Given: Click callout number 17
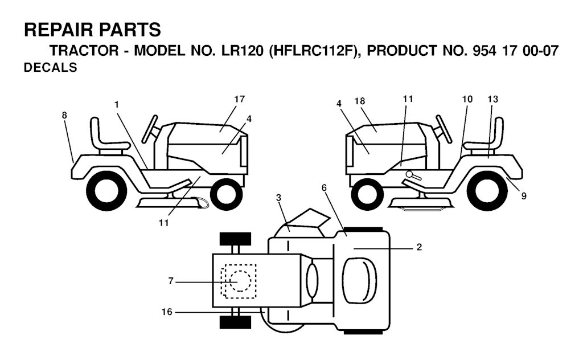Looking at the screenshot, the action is [240, 99].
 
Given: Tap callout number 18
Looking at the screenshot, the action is [360, 101].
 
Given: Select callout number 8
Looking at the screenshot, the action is [64, 115].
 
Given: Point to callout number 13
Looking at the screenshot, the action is [492, 99].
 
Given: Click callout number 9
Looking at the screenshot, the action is [524, 196].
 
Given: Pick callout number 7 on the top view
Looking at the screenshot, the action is [171, 281].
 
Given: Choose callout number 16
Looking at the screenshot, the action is [167, 312].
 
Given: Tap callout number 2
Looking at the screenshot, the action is [419, 247].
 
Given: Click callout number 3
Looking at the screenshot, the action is [278, 198].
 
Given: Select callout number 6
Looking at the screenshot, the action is [324, 188].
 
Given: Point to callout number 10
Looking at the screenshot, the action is [467, 99].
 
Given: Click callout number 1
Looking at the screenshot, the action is [116, 104].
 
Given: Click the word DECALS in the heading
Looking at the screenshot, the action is [51, 68].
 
